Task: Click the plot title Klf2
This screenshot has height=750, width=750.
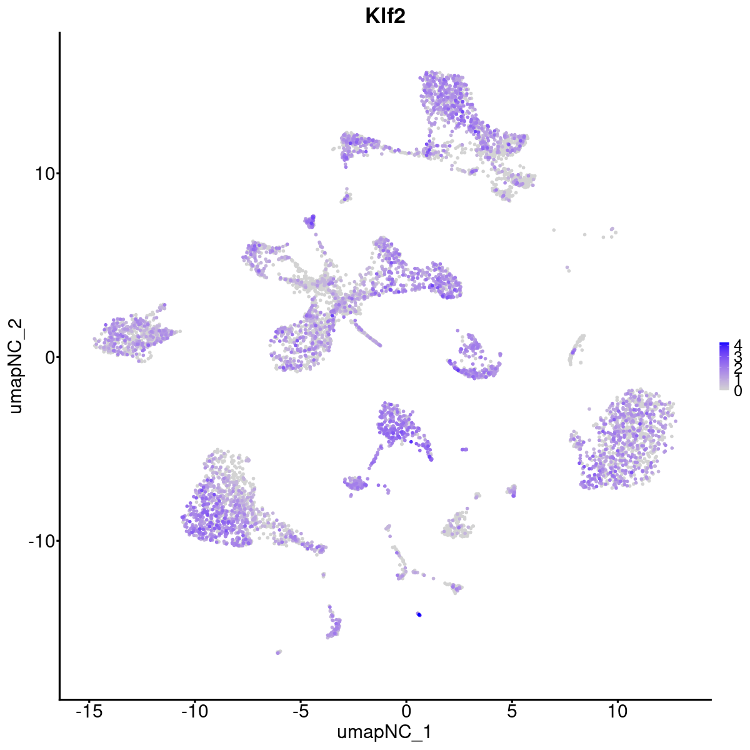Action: (x=386, y=17)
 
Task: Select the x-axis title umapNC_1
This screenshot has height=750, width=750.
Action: (x=384, y=732)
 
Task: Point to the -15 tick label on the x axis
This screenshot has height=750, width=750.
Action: (x=89, y=711)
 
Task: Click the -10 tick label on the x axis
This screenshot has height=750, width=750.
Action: (x=194, y=711)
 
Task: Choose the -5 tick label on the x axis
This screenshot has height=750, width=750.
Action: (x=300, y=711)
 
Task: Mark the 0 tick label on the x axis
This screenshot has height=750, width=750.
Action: (x=406, y=711)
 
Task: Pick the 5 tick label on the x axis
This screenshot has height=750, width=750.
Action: (x=512, y=711)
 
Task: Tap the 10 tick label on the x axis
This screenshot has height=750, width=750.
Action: (x=617, y=711)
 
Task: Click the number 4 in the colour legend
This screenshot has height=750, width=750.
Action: (x=737, y=344)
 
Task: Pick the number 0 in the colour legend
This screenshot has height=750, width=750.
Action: (x=737, y=391)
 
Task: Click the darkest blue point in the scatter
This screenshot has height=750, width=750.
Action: (x=419, y=615)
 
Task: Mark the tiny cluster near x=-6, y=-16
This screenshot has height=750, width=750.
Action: (x=279, y=652)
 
